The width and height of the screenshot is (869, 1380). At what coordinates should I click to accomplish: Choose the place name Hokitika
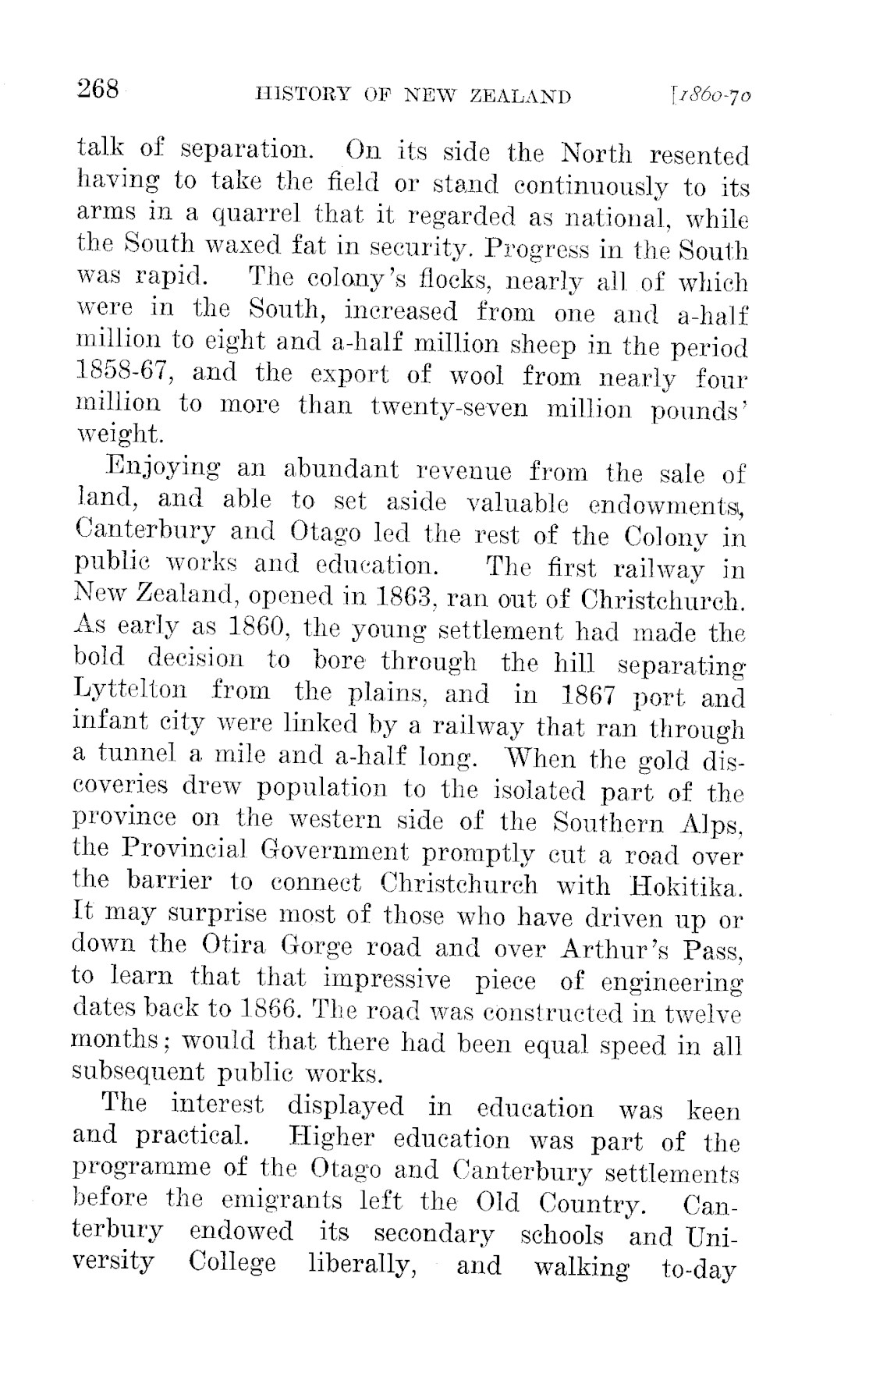(690, 886)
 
